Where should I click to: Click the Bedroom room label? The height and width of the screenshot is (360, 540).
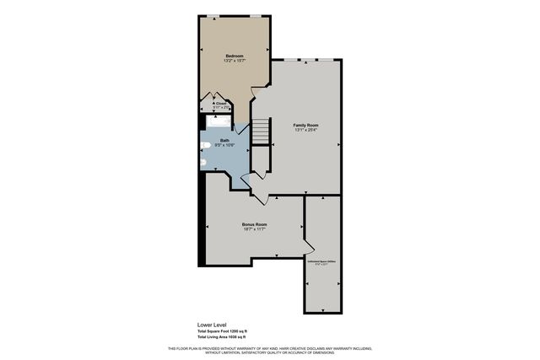click(x=235, y=56)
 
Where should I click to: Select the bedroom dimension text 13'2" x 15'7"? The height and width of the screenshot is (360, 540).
click(x=235, y=61)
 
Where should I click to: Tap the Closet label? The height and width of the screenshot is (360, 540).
click(x=219, y=104)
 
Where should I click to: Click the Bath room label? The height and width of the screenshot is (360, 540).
click(x=224, y=140)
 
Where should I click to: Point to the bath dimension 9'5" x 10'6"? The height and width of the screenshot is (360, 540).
click(x=224, y=145)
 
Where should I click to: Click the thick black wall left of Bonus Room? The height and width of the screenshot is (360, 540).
click(x=200, y=228)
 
